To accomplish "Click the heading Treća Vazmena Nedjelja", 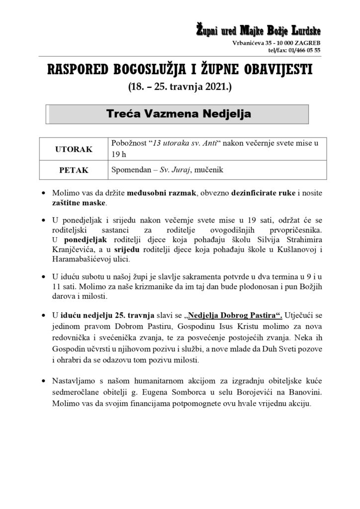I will [x=179, y=114].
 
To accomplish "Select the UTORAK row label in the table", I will [x=74, y=149].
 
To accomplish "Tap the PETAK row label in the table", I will [x=74, y=170].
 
